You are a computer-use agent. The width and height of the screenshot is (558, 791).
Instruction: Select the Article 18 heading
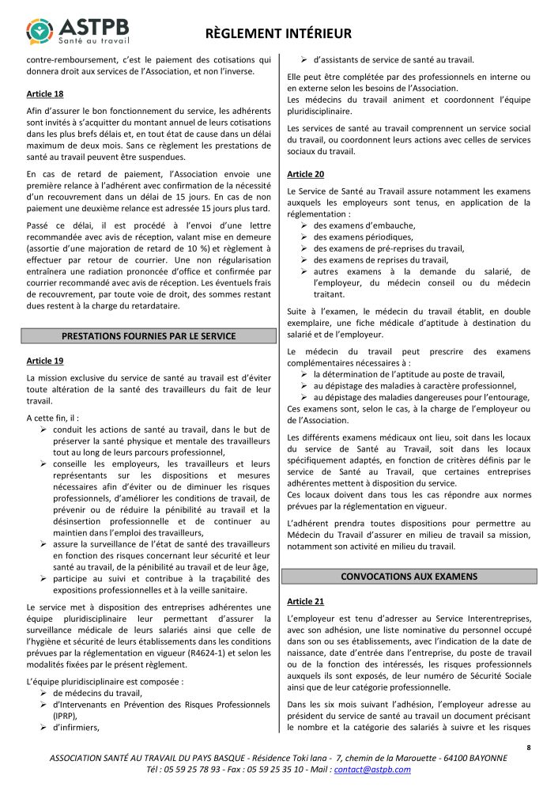pos(44,93)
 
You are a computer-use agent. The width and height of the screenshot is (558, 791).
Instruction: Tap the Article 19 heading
pos(44,361)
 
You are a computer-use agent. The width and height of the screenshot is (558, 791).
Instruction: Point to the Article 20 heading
pos(305,173)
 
